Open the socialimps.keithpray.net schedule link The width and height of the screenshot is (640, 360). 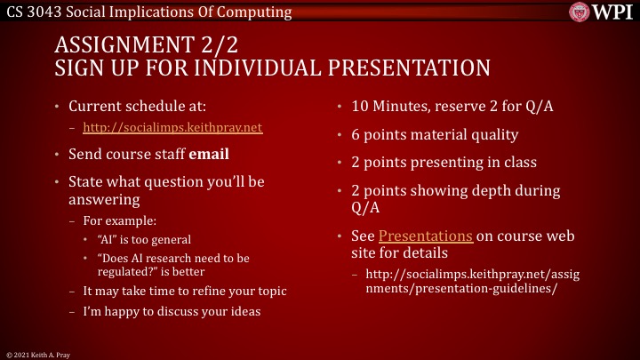[172, 127]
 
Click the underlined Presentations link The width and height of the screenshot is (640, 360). [426, 236]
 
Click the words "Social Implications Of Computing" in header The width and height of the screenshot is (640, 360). [177, 12]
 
